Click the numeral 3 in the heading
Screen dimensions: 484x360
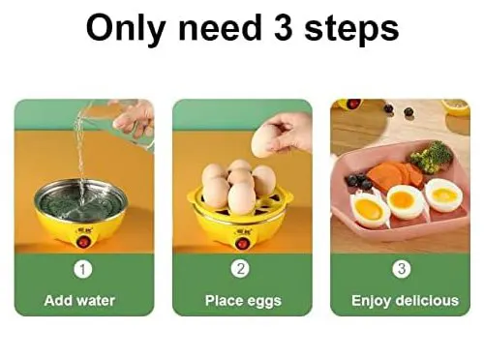[284, 28]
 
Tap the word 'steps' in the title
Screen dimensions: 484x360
[351, 30]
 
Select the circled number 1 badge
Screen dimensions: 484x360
[83, 269]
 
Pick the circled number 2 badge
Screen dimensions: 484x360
[241, 268]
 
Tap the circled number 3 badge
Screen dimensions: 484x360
[402, 268]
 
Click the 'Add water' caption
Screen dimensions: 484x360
[79, 301]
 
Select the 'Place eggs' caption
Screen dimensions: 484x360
[243, 301]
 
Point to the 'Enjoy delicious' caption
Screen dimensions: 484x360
[405, 301]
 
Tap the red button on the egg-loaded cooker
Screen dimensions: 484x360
[243, 243]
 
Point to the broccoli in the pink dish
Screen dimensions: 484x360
[432, 158]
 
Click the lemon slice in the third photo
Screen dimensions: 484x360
[456, 107]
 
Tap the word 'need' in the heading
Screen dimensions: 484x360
[220, 28]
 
